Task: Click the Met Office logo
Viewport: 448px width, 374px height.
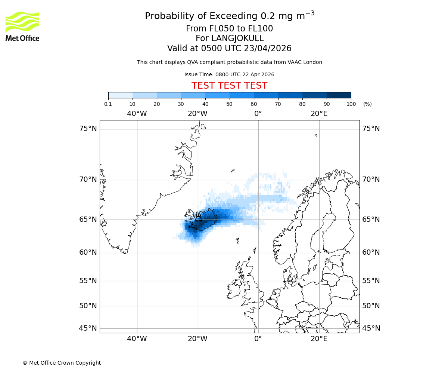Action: tap(22, 26)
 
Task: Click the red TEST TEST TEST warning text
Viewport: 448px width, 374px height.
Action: tap(229, 86)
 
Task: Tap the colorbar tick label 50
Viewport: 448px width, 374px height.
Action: tap(229, 104)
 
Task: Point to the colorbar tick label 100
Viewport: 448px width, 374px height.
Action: tap(351, 104)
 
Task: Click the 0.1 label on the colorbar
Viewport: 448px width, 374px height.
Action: tap(108, 104)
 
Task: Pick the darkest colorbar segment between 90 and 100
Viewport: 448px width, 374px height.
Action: tap(339, 95)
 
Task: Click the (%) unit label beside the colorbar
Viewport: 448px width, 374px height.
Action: tap(367, 104)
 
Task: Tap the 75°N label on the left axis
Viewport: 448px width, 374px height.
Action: tap(88, 129)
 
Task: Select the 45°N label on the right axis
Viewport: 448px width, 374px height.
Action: tap(371, 328)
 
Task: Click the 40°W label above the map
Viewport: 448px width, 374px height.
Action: tap(137, 114)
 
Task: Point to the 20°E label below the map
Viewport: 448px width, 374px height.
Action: tap(319, 339)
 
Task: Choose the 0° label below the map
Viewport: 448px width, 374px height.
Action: tap(258, 339)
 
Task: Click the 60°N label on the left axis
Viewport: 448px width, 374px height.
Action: tap(88, 252)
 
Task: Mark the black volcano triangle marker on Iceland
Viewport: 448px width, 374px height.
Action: tap(198, 219)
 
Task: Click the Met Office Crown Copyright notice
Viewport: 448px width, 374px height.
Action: tap(62, 363)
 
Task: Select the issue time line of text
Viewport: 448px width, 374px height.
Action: tap(229, 74)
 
